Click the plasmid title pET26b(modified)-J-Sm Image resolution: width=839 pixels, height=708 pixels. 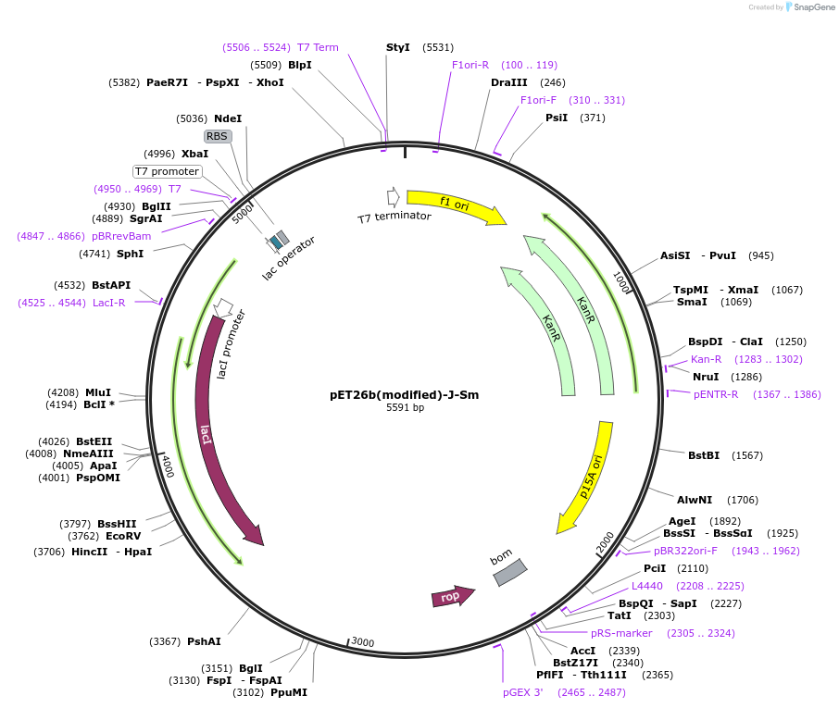pyautogui.click(x=404, y=394)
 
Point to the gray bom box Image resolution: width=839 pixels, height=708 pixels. pyautogui.click(x=508, y=571)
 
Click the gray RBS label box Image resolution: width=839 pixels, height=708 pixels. pyautogui.click(x=217, y=136)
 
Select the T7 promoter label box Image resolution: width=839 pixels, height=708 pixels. pyautogui.click(x=167, y=171)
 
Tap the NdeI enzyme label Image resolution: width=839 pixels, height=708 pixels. pyautogui.click(x=227, y=118)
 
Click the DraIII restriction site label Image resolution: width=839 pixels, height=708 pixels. pyautogui.click(x=508, y=82)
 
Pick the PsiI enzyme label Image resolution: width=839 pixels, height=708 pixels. pyautogui.click(x=556, y=118)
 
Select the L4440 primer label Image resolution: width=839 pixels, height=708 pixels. pyautogui.click(x=647, y=586)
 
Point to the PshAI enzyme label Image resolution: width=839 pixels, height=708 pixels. pyautogui.click(x=204, y=641)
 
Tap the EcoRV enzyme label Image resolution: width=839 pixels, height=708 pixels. pyautogui.click(x=123, y=536)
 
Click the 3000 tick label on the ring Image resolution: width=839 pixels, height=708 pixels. pyautogui.click(x=361, y=642)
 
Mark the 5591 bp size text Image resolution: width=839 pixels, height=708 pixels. pyautogui.click(x=405, y=408)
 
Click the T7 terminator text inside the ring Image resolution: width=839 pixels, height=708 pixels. pyautogui.click(x=394, y=217)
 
